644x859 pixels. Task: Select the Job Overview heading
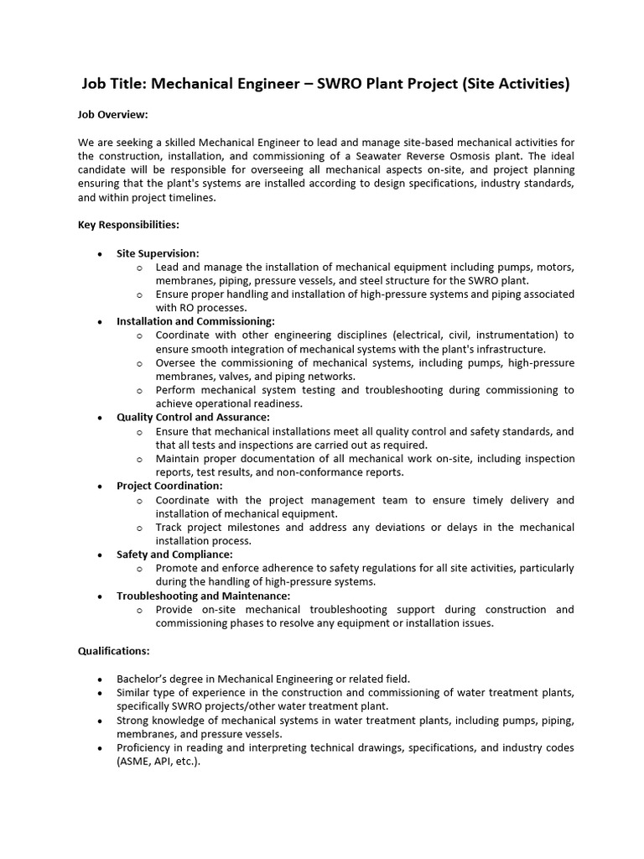(113, 113)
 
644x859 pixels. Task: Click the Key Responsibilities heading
(128, 225)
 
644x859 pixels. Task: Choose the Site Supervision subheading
(158, 252)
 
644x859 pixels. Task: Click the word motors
(554, 267)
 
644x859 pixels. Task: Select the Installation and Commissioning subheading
(195, 321)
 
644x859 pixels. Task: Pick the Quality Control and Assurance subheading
(193, 417)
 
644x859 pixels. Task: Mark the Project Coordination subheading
(169, 486)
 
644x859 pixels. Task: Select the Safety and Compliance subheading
(174, 554)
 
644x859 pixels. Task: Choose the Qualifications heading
(114, 650)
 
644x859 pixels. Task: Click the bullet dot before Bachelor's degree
(101, 679)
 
